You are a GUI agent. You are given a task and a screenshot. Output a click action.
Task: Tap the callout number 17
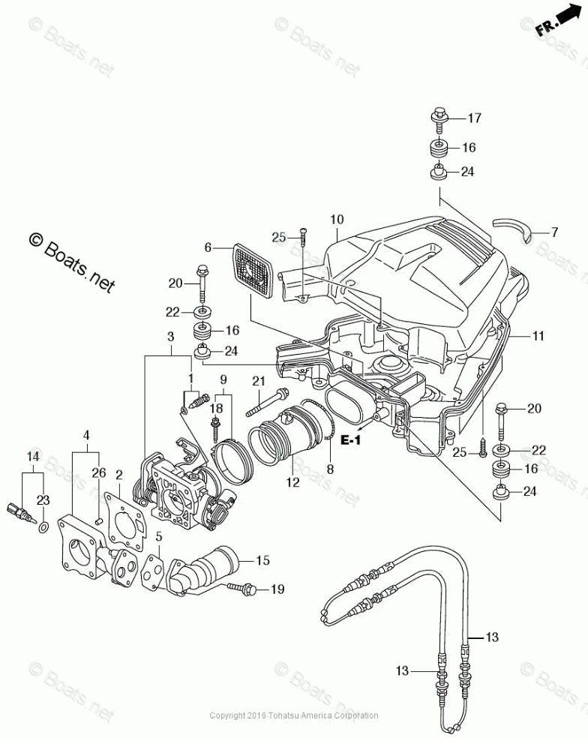(x=474, y=118)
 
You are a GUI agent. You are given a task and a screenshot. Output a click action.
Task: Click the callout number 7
(x=554, y=232)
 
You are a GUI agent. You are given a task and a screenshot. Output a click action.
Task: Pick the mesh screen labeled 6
(x=253, y=270)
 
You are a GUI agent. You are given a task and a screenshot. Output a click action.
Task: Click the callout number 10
(x=337, y=219)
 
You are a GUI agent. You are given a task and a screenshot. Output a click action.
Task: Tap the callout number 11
(x=538, y=336)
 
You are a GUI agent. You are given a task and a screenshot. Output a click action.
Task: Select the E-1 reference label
(x=351, y=440)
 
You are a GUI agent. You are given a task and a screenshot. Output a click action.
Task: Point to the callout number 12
(x=293, y=482)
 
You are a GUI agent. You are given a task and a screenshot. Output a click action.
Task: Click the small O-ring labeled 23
(x=43, y=527)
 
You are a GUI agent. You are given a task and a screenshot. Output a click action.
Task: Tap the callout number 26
(x=99, y=472)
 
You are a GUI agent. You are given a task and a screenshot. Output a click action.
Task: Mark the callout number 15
(x=262, y=560)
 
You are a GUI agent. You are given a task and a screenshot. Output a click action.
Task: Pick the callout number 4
(x=86, y=435)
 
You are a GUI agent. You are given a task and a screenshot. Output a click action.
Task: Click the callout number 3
(x=171, y=337)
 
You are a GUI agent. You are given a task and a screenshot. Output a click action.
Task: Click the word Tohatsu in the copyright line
(x=282, y=715)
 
